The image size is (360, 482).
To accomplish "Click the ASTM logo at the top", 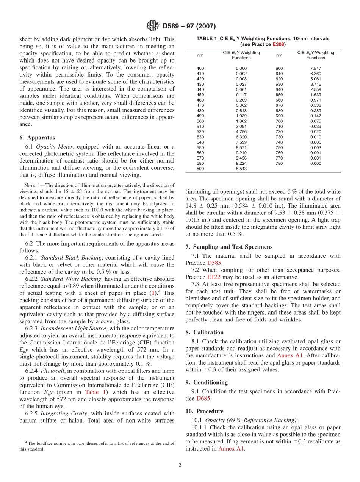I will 153,26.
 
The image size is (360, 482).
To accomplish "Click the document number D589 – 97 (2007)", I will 189,27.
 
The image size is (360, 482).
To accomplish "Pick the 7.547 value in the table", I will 316,68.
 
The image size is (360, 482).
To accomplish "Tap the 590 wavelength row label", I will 200,169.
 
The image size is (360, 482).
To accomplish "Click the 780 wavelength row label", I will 279,163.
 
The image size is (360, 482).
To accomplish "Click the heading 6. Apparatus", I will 37,138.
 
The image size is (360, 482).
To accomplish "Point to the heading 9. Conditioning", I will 207,382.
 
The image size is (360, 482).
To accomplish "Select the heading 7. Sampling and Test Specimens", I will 229,247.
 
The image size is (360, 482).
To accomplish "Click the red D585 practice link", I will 214,263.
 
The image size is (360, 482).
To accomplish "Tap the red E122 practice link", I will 214,277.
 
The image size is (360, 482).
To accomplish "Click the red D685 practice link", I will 203,398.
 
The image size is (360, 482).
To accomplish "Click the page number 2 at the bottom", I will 180,466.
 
